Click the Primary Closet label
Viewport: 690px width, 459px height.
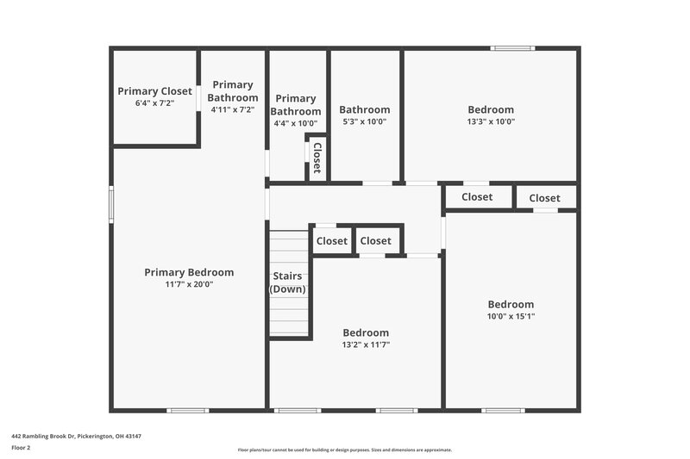point(154,90)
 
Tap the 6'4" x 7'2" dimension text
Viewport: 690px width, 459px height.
point(154,102)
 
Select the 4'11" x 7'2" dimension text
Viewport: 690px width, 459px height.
point(232,110)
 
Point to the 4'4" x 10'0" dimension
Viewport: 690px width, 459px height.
point(296,123)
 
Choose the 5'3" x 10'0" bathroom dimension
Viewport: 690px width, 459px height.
point(364,121)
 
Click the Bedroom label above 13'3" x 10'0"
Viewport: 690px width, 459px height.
point(491,109)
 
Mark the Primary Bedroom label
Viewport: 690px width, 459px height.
point(189,271)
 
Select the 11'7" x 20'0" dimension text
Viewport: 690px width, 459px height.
point(189,283)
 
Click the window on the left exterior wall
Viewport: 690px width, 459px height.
point(110,205)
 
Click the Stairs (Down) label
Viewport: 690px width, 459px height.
point(288,282)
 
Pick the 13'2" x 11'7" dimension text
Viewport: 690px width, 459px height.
point(366,344)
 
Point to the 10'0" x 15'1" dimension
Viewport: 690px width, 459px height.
point(511,316)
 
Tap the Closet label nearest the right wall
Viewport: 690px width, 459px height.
point(544,198)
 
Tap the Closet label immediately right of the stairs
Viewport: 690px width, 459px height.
point(332,241)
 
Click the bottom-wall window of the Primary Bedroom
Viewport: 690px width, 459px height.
point(188,410)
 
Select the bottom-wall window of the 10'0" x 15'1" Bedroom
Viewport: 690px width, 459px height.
point(504,410)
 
